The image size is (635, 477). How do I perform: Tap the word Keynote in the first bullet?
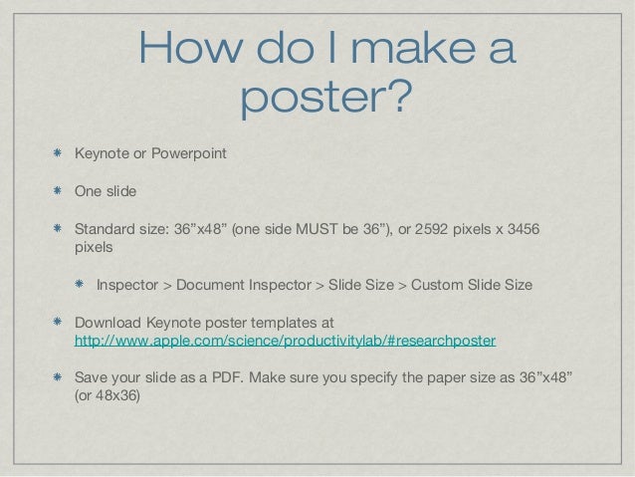coord(105,154)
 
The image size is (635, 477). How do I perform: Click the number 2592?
coord(430,229)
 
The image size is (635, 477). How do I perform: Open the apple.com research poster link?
coord(286,341)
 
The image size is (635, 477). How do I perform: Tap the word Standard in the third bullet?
coord(107,229)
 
